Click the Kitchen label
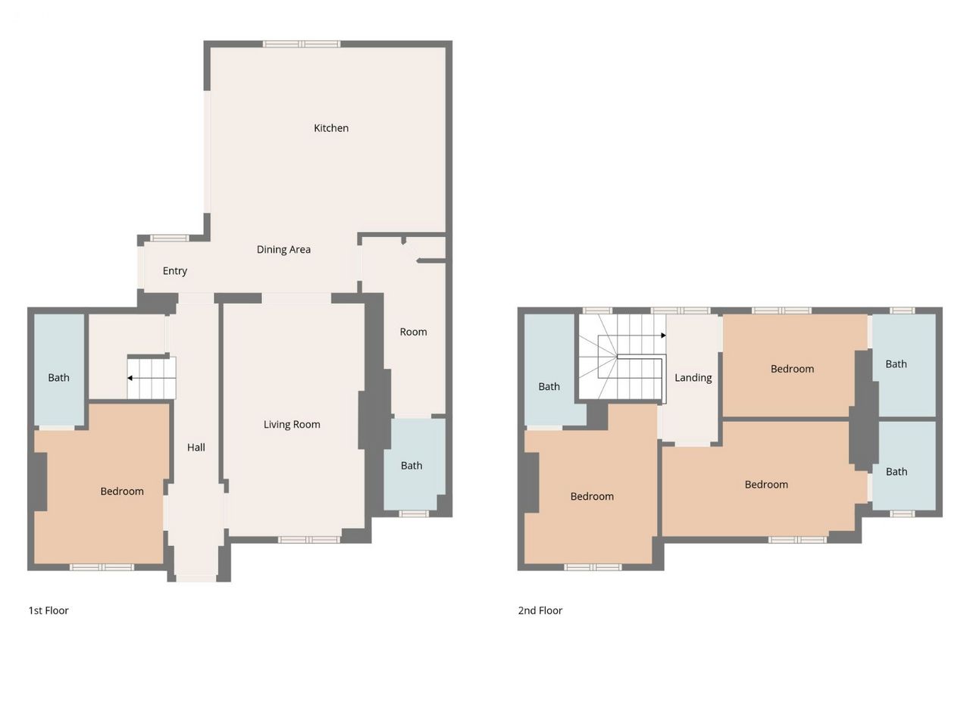(331, 128)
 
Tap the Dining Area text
(283, 249)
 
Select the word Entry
(175, 271)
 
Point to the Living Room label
(292, 424)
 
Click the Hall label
(196, 447)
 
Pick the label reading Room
(413, 332)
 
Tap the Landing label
(693, 378)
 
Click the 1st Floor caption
(48, 610)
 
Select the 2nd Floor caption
(540, 610)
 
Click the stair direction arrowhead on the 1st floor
(130, 378)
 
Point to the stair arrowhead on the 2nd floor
(663, 335)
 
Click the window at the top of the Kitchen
(302, 44)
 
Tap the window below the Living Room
(309, 539)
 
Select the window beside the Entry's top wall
(169, 239)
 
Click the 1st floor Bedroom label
(122, 491)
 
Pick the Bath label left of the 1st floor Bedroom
(59, 378)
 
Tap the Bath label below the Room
(411, 466)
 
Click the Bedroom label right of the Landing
(793, 369)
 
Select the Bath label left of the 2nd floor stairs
(549, 387)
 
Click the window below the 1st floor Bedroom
(102, 567)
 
